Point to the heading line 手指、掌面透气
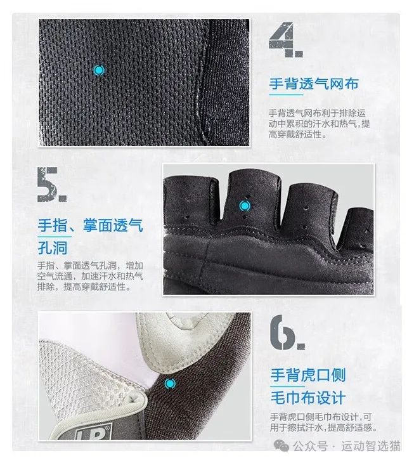[89, 225]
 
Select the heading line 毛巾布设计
[308, 398]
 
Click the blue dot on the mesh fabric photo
[98, 70]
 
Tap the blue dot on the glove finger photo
[243, 205]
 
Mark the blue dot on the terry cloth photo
[169, 383]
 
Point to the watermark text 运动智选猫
[371, 447]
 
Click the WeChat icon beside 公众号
[285, 446]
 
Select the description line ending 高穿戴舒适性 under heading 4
[298, 134]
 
